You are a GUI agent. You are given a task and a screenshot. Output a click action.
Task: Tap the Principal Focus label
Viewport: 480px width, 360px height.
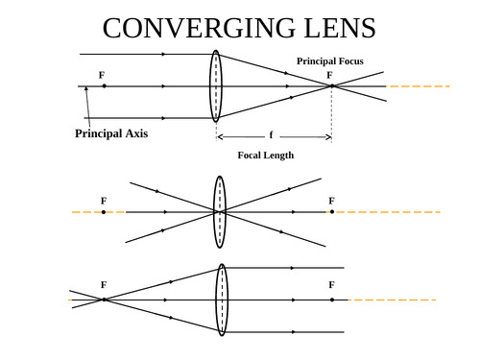(329, 60)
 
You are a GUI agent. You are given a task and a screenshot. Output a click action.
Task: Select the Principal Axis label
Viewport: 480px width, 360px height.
(111, 133)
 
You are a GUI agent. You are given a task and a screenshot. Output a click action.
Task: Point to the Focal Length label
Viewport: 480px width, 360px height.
(265, 155)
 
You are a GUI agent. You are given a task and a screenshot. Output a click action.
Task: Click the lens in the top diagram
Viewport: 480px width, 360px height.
(216, 85)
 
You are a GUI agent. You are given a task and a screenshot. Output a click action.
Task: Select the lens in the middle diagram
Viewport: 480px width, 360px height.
(220, 211)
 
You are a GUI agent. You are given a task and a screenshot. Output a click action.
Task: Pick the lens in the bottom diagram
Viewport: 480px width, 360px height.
(222, 300)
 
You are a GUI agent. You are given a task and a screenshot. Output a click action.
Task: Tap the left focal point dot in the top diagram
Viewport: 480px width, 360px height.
(104, 86)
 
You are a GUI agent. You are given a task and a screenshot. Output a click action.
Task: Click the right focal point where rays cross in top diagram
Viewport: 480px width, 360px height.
(331, 86)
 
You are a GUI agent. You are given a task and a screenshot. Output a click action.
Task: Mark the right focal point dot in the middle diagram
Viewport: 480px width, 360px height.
(332, 211)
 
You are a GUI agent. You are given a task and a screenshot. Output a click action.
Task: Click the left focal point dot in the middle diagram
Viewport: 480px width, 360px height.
(104, 211)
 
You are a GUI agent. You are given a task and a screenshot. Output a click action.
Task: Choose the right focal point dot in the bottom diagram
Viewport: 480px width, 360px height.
(332, 300)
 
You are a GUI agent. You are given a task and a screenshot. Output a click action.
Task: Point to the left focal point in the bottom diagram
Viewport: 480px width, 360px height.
(104, 300)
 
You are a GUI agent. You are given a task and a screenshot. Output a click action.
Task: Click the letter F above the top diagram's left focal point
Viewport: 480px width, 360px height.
(102, 74)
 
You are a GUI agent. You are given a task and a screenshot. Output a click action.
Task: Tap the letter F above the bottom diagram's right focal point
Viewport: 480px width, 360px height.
(331, 285)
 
